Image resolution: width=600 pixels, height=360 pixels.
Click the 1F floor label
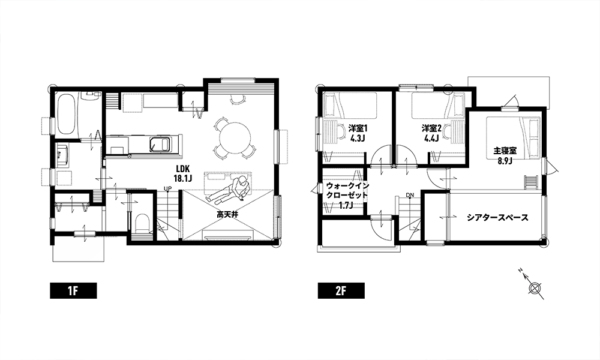73,291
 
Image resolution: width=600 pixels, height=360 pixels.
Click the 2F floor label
341,291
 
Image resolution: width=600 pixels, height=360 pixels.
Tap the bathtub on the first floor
65,113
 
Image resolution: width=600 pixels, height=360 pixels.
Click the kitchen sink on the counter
159,145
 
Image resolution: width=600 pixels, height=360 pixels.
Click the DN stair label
410,195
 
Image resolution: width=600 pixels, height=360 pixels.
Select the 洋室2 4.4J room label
431,133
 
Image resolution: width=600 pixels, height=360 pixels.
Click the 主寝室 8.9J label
505,155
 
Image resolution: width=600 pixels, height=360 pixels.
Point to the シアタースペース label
497,218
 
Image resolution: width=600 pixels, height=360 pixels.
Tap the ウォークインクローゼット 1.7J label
347,196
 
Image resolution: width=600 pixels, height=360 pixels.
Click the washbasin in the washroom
61,155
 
